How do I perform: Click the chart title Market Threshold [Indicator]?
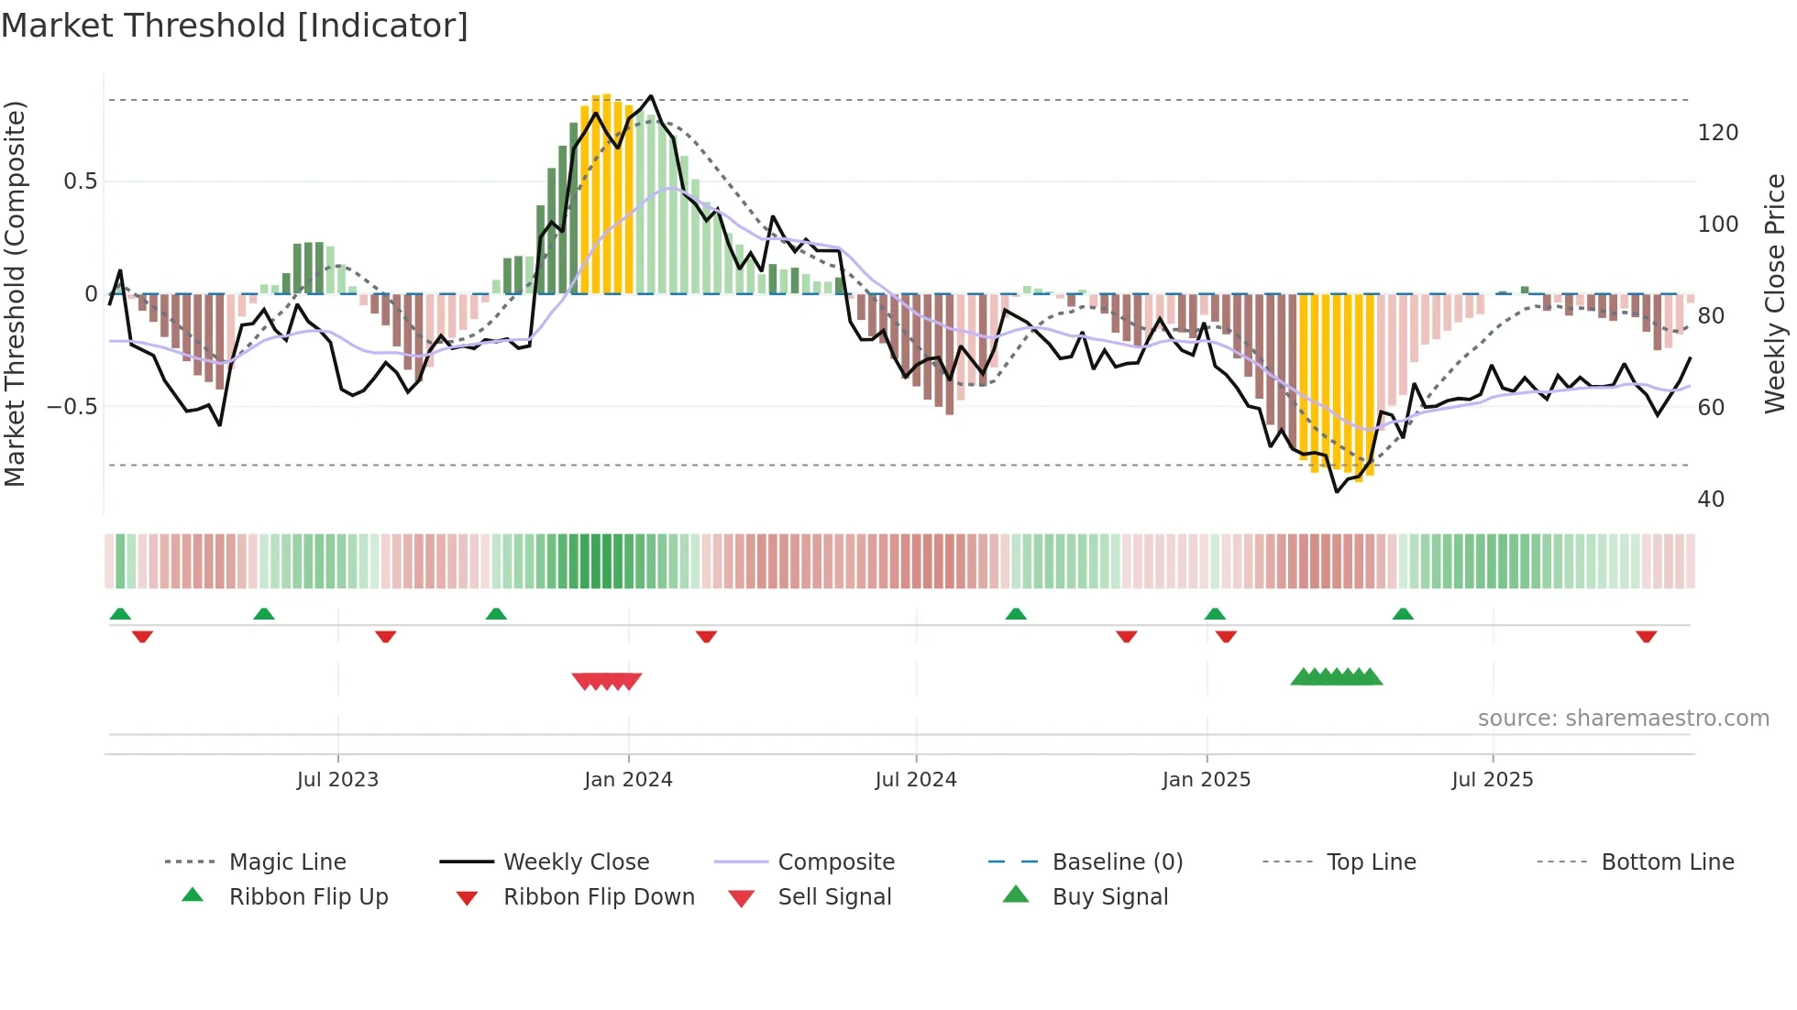[x=235, y=26]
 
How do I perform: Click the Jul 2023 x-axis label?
[x=337, y=780]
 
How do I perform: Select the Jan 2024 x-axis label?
[x=628, y=780]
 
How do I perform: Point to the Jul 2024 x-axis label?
[x=915, y=780]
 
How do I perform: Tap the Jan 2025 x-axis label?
[x=1206, y=780]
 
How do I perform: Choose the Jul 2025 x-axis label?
[x=1492, y=780]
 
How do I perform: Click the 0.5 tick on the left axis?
[x=80, y=181]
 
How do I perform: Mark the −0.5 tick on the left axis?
[x=72, y=406]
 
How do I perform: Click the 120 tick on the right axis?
[x=1717, y=133]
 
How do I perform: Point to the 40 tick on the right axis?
[x=1711, y=500]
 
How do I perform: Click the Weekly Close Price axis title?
[x=1775, y=293]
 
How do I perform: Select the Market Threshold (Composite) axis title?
[x=15, y=293]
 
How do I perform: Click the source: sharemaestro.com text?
[x=1623, y=719]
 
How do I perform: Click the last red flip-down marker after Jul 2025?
[x=1646, y=636]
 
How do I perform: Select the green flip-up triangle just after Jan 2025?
[x=1215, y=614]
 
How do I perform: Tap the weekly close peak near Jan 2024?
[x=651, y=95]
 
